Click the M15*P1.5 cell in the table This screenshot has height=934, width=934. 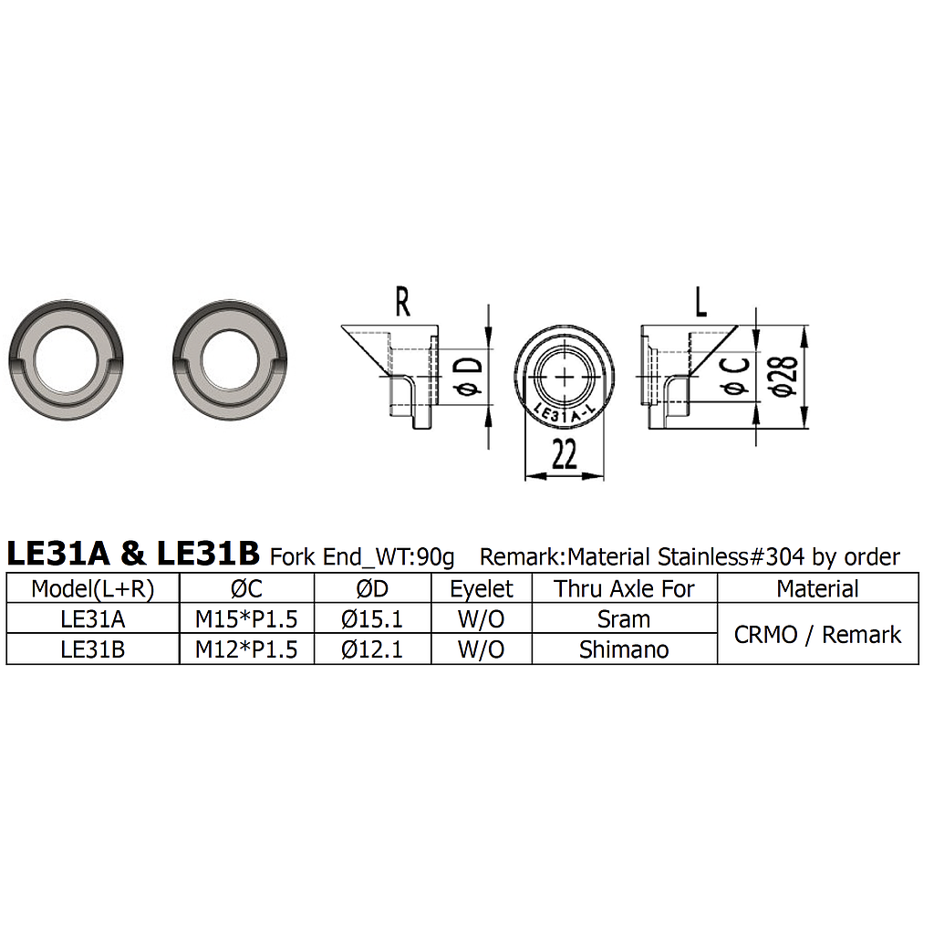(246, 619)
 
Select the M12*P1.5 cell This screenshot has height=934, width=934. (246, 649)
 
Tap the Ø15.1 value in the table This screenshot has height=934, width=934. (372, 619)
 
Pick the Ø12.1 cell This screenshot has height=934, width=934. (372, 649)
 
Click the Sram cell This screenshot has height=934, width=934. (624, 619)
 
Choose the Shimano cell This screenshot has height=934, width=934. (624, 649)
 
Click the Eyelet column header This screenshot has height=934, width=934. (482, 589)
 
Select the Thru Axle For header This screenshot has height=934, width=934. (624, 589)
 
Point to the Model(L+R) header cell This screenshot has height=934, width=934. (93, 589)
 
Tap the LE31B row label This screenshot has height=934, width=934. (93, 649)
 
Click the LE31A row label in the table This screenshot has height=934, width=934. (93, 619)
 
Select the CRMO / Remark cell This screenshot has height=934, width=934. (817, 635)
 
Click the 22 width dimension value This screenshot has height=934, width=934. (565, 454)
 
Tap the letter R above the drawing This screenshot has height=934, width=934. (401, 302)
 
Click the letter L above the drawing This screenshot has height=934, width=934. (700, 302)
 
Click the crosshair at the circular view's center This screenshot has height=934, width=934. (566, 377)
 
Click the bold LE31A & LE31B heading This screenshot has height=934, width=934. (133, 554)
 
